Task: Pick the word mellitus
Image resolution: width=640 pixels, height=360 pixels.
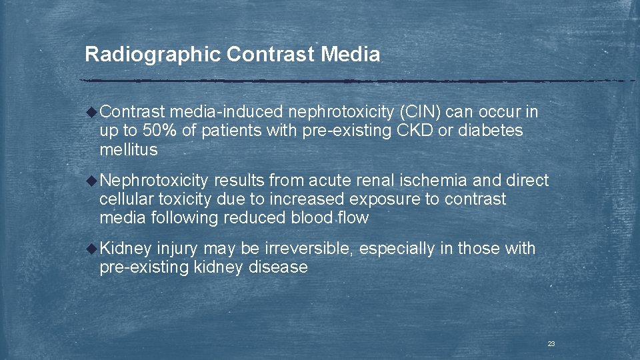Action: tap(128, 150)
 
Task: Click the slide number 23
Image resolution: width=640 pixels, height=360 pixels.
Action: tap(551, 343)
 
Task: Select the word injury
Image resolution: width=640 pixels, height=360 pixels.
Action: tap(177, 249)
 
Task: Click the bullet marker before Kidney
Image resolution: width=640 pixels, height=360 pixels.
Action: tap(93, 249)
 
